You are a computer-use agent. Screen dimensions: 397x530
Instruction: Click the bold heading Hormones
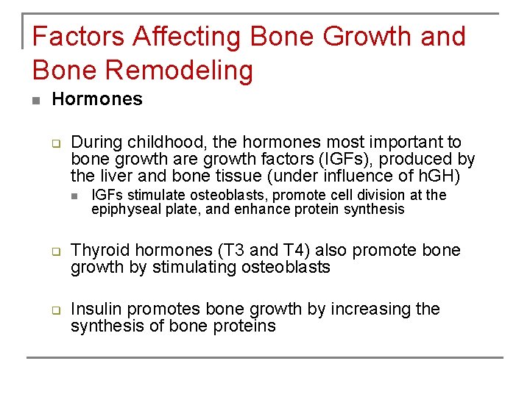(x=97, y=99)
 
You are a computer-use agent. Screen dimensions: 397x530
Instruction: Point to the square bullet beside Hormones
(x=36, y=100)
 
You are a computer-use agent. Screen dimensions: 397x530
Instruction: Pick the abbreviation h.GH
(x=439, y=176)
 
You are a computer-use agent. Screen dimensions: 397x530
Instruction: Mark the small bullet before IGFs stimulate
(x=75, y=196)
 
